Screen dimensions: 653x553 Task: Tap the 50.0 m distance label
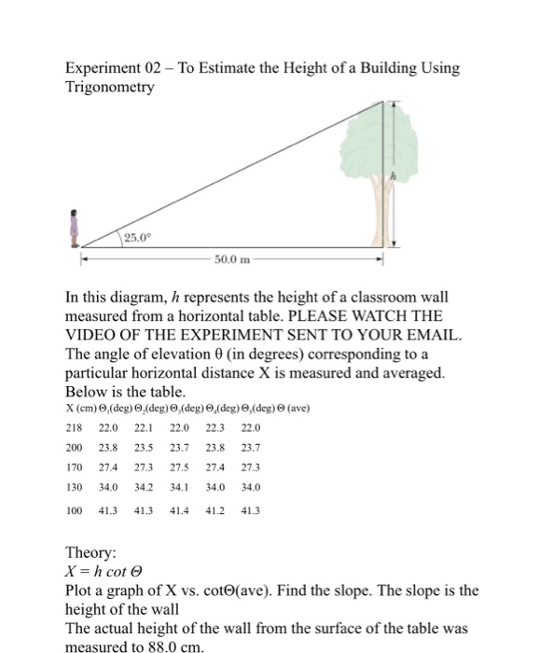pyautogui.click(x=231, y=255)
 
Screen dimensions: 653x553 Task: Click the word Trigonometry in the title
pyautogui.click(x=109, y=87)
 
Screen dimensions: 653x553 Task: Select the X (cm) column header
pyautogui.click(x=82, y=409)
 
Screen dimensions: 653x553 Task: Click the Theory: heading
pyautogui.click(x=92, y=552)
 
